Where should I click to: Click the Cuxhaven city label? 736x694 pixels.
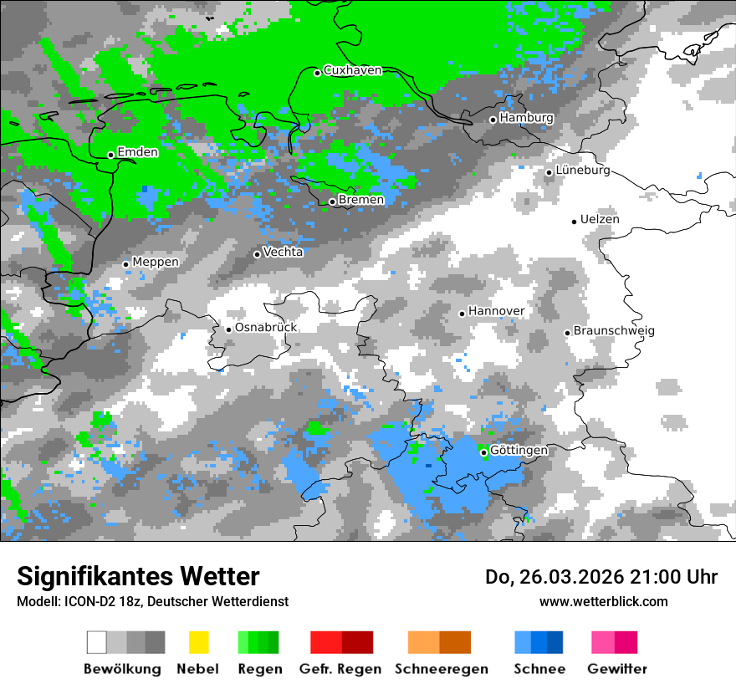[x=352, y=70]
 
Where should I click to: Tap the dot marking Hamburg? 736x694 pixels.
[x=493, y=120]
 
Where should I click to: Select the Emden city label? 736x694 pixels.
[x=137, y=152]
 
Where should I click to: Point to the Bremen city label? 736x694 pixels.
[x=361, y=200]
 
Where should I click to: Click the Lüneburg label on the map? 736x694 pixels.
[x=583, y=171]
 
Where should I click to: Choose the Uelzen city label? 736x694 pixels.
[x=600, y=219]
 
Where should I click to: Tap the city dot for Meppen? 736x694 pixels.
[x=126, y=264]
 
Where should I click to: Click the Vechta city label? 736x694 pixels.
[x=284, y=252]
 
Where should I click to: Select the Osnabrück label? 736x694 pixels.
[x=266, y=328]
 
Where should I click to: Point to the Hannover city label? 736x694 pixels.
[x=496, y=311]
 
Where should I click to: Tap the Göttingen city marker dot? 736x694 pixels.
[x=483, y=452]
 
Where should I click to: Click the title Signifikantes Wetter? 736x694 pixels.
[x=138, y=576]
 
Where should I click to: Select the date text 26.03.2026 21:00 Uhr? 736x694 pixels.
[x=601, y=577]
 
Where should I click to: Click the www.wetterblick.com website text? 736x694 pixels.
[x=603, y=601]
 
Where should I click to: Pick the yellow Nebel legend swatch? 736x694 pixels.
[x=198, y=642]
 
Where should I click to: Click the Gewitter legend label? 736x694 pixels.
[x=617, y=669]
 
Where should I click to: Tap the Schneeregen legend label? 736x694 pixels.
[x=442, y=669]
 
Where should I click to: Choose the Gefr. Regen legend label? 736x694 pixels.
[x=340, y=669]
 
